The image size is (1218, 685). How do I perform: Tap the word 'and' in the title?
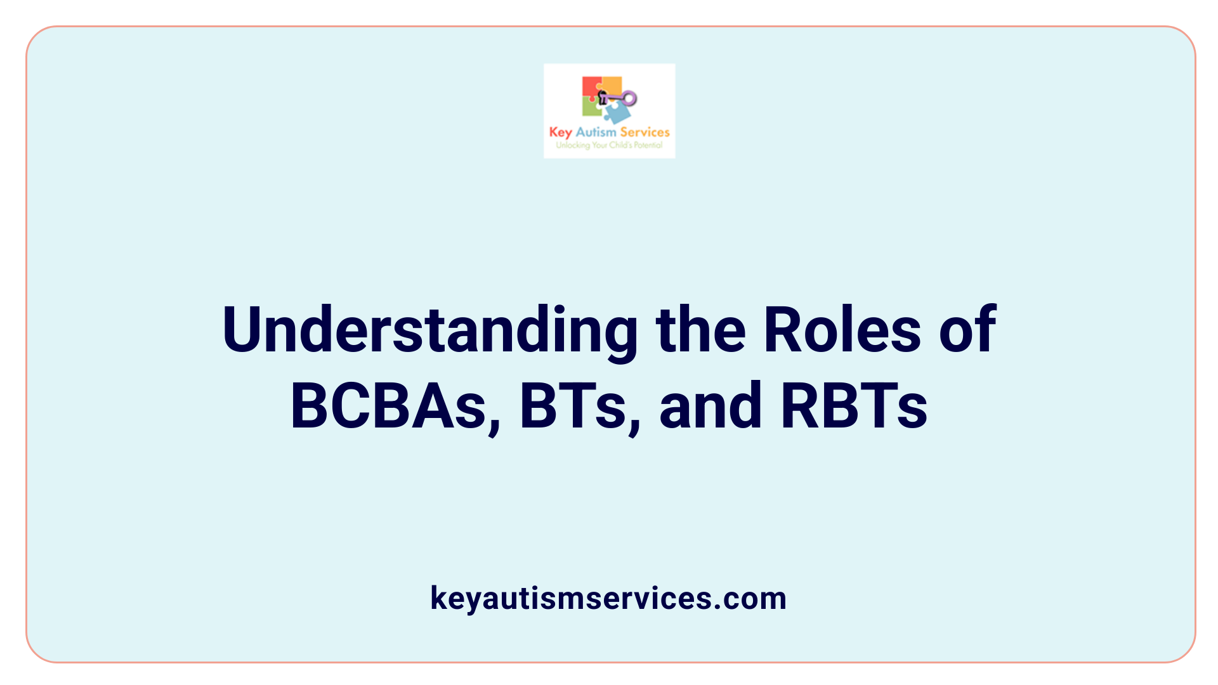(x=710, y=406)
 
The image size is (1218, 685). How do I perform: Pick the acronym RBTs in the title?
(x=854, y=406)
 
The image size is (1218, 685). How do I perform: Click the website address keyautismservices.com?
(x=608, y=598)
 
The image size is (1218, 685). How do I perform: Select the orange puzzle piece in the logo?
(x=613, y=86)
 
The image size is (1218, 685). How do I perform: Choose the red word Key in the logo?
(x=560, y=132)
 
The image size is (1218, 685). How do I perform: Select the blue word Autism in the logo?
(x=596, y=132)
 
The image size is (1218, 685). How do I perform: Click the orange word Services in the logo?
(x=645, y=132)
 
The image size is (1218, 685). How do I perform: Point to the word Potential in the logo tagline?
(x=648, y=145)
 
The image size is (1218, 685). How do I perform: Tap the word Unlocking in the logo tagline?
(x=572, y=145)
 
